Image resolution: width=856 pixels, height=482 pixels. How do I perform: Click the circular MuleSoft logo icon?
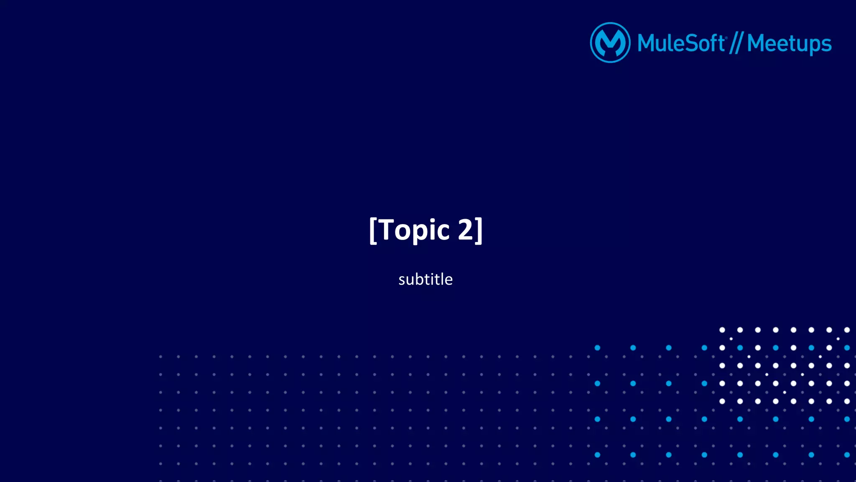point(610,43)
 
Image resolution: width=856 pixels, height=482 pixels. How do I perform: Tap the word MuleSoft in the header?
point(681,43)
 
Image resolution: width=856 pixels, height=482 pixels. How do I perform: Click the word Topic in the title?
point(414,230)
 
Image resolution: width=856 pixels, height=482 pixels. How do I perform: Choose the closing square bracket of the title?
point(479,230)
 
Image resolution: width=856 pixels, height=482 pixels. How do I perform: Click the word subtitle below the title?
point(425,279)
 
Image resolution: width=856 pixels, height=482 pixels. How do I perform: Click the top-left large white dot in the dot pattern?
point(722,330)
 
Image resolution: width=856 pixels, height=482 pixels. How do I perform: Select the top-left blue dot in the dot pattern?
point(597,348)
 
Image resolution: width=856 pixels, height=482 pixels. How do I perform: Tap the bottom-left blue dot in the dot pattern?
point(597,455)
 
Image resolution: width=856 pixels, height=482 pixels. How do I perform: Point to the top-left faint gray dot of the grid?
point(160,357)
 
